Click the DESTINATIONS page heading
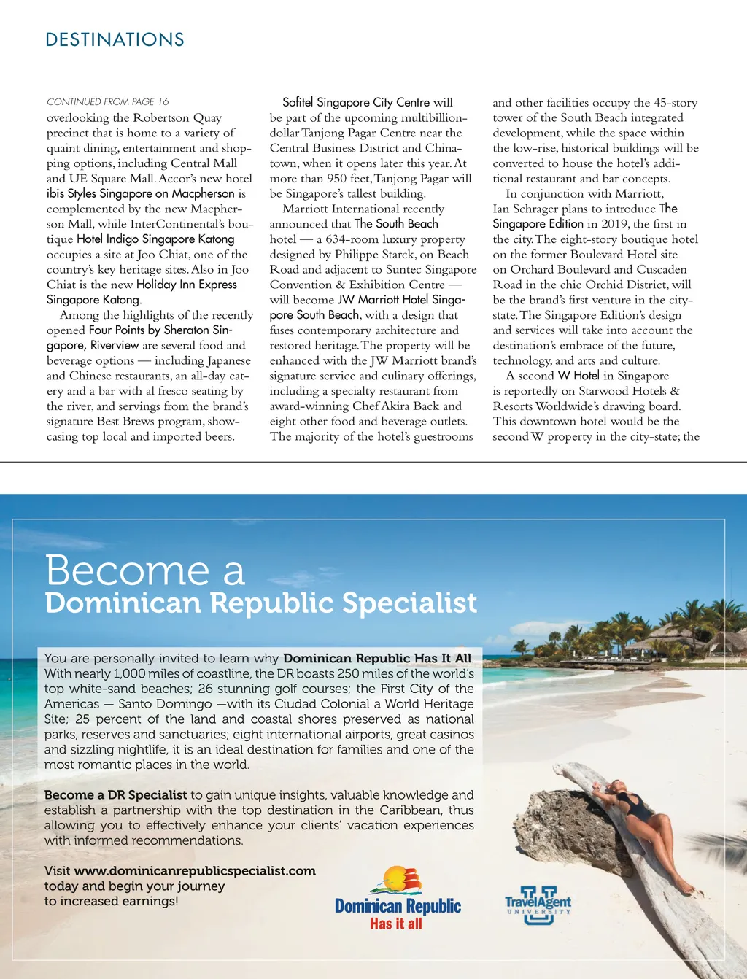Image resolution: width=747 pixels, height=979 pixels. tap(115, 39)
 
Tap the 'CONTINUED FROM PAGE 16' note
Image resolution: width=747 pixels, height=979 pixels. tap(107, 101)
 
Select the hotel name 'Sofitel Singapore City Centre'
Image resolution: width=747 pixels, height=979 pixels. tap(356, 103)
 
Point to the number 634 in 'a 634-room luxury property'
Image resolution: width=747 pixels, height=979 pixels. tap(336, 239)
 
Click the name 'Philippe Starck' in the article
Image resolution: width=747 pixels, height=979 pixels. tap(376, 255)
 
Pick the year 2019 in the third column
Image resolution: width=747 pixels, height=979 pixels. tap(614, 224)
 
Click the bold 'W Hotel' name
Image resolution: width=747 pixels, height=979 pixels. tap(578, 376)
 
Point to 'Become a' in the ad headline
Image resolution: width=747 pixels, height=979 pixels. tap(144, 570)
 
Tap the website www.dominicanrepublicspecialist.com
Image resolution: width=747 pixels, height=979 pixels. tap(195, 871)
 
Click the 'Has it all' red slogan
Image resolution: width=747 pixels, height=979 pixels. tap(395, 924)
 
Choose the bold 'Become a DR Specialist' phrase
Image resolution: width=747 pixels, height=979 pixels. tap(115, 795)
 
